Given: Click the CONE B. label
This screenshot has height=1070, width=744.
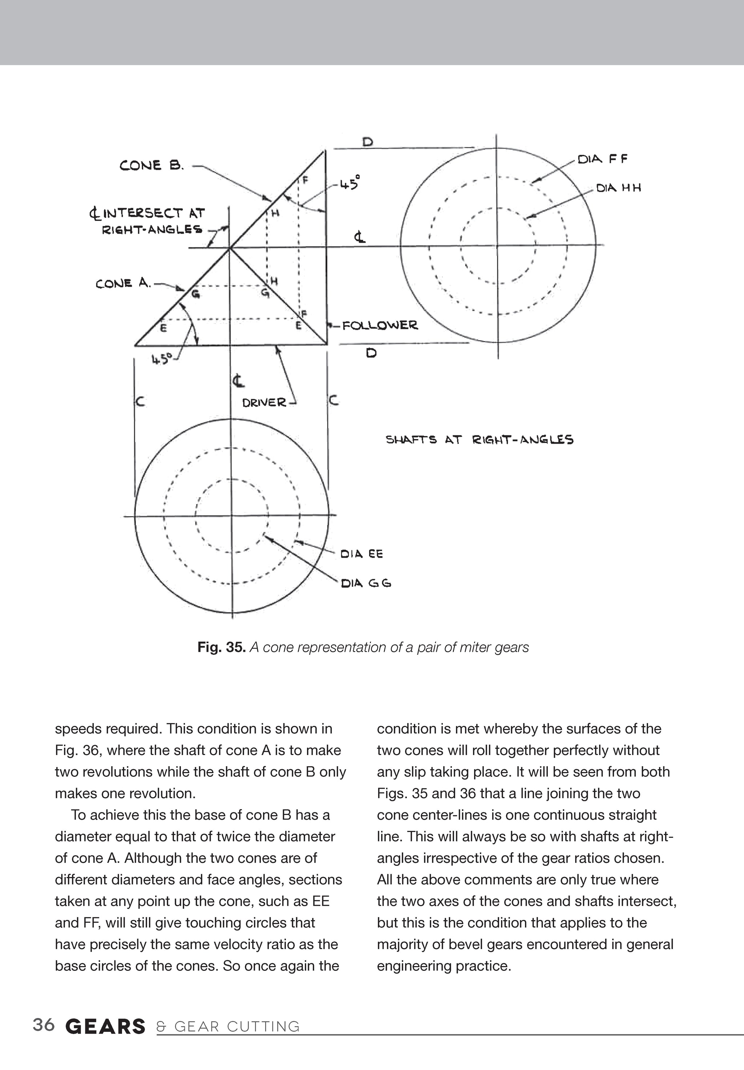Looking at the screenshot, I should click(152, 165).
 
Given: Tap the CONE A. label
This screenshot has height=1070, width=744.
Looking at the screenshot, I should click(123, 283).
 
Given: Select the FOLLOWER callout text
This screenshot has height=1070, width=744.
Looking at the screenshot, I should click(380, 325).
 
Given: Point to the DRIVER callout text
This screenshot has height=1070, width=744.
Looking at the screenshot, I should click(264, 402).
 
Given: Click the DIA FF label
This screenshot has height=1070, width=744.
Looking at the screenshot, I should click(602, 160).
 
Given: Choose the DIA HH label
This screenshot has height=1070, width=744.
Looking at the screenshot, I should click(618, 188).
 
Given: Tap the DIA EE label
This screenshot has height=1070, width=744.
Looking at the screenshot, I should click(361, 554).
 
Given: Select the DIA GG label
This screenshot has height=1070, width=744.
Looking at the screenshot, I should click(366, 583).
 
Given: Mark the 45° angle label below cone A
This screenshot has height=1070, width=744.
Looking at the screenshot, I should click(162, 359).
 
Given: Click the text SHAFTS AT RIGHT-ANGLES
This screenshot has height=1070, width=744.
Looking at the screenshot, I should click(480, 440).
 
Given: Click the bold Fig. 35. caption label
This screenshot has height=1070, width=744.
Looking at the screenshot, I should click(221, 647).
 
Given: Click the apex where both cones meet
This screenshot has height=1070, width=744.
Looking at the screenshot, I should click(229, 248).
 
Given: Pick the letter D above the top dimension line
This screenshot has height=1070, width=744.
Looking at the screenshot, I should click(368, 142).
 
